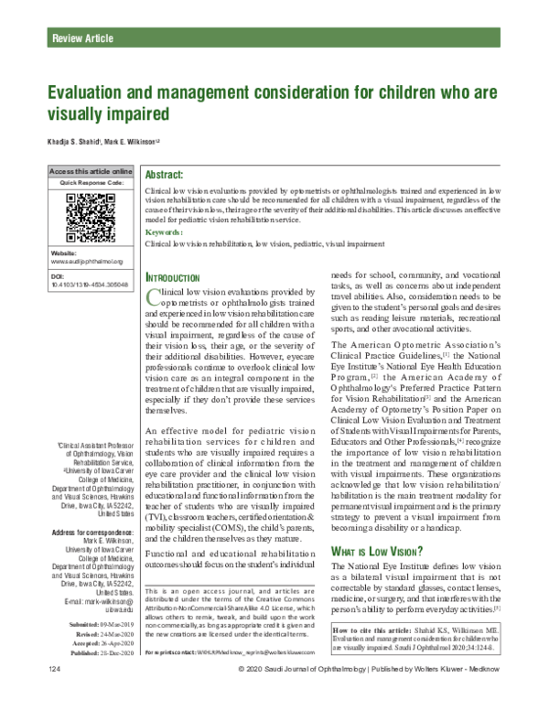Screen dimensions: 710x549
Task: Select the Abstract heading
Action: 172,173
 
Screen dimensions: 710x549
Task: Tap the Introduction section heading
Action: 173,277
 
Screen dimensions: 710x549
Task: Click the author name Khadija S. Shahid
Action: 69,141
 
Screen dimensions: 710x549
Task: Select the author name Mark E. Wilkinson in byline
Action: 133,141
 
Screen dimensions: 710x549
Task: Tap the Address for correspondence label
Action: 91,532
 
